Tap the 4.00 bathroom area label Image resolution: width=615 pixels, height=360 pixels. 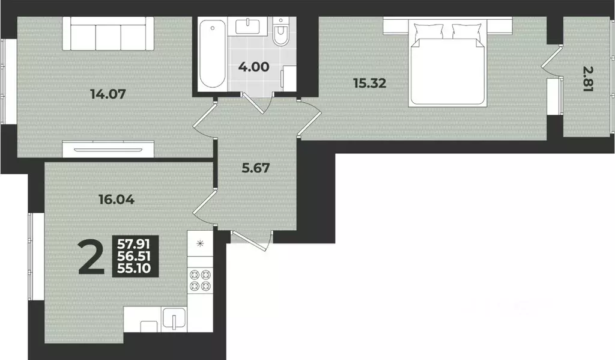[254, 67]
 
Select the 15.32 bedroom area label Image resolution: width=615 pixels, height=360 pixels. [369, 83]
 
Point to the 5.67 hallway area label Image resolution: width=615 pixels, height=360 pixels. [256, 168]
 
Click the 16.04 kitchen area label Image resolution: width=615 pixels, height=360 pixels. [117, 200]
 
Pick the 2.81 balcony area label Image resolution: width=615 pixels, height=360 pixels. [589, 79]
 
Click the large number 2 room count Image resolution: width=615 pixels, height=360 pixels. [92, 258]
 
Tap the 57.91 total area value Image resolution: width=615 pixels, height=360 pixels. [134, 245]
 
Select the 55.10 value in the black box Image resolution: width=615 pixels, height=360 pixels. [134, 269]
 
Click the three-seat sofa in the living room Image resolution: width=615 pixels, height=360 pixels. [108, 34]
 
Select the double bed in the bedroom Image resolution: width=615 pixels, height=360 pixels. [447, 63]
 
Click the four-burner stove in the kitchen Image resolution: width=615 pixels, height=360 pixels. [201, 280]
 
